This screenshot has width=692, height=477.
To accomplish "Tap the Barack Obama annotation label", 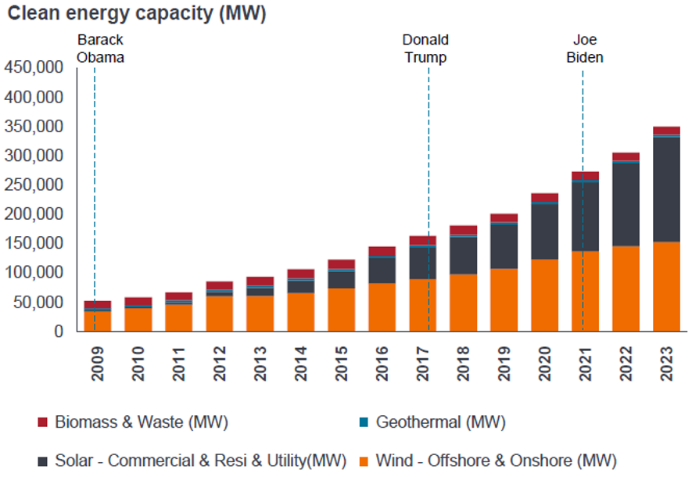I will tap(100, 48).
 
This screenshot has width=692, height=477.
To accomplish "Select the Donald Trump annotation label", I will tap(425, 48).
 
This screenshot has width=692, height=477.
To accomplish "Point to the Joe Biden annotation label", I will tap(584, 48).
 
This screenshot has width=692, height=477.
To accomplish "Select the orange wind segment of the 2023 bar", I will tap(666, 286).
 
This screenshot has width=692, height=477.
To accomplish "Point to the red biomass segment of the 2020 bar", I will tap(544, 197).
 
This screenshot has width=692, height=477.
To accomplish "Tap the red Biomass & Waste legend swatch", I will tap(42, 423).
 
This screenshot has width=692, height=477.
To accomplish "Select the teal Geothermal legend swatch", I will tap(364, 423).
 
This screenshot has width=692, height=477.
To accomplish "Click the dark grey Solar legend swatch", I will tap(42, 460).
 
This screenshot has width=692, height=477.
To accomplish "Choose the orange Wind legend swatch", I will tap(364, 460).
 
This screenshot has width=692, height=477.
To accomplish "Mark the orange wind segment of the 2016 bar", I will tap(382, 307).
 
